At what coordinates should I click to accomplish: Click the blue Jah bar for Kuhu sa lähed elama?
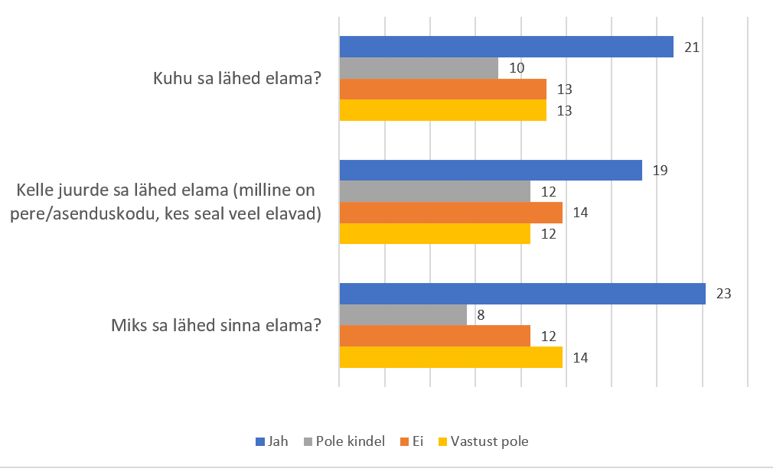click(x=506, y=47)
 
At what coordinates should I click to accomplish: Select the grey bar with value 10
click(x=419, y=68)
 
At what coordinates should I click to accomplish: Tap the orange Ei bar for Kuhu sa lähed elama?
click(x=442, y=89)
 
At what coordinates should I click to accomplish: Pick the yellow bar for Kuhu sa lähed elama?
click(x=442, y=110)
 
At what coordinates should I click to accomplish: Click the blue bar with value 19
click(x=490, y=171)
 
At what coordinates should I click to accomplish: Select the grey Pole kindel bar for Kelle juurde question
click(x=435, y=191)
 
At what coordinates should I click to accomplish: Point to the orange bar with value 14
click(x=450, y=213)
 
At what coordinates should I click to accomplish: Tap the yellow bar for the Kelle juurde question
click(x=435, y=234)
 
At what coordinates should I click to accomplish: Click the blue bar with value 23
click(x=522, y=294)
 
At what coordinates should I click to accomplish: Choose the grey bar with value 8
click(x=403, y=315)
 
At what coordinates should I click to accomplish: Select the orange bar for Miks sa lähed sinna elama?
click(x=435, y=336)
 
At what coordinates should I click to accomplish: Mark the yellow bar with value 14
click(x=450, y=357)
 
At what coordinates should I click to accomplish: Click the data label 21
click(x=692, y=47)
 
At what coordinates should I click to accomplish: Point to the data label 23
click(x=724, y=294)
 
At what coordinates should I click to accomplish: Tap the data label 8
click(x=481, y=315)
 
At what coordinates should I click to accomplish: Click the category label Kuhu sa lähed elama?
click(x=236, y=79)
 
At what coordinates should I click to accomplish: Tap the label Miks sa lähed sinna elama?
click(x=215, y=326)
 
